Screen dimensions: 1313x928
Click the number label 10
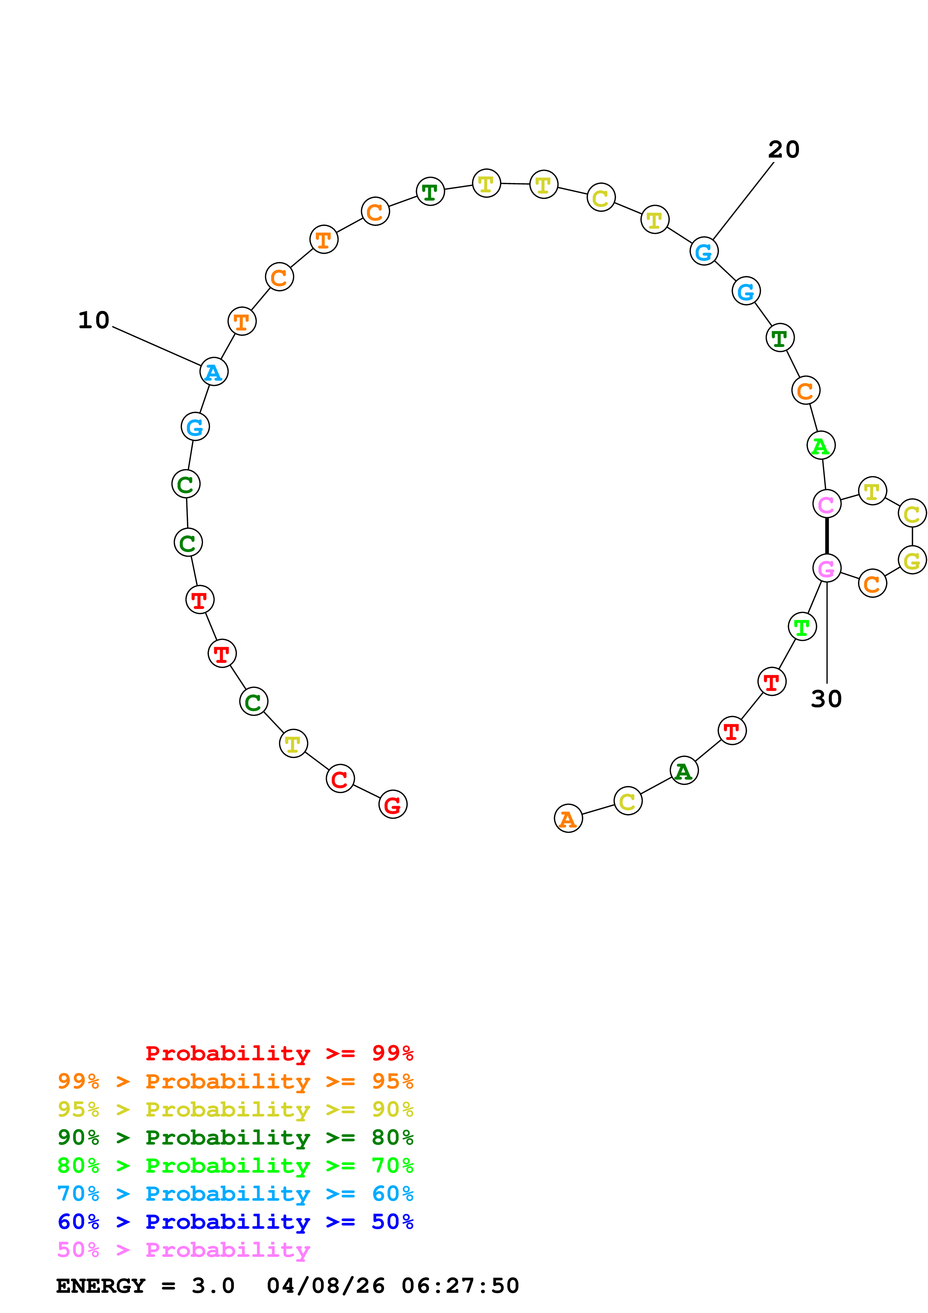[x=94, y=320]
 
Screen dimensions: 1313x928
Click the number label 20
[x=784, y=150]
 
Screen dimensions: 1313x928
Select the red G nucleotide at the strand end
[x=393, y=805]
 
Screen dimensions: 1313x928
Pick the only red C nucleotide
[x=340, y=779]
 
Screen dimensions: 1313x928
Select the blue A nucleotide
[x=214, y=372]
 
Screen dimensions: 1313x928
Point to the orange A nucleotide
[x=568, y=819]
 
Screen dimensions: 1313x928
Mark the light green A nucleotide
[x=821, y=445]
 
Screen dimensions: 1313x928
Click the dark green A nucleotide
[x=684, y=771]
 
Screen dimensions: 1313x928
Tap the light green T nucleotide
[x=802, y=627]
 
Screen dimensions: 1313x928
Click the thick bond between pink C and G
[x=827, y=536]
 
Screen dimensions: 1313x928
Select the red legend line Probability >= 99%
[x=279, y=1053]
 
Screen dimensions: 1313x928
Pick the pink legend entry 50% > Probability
[x=183, y=1250]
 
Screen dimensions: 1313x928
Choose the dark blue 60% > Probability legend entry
[x=235, y=1222]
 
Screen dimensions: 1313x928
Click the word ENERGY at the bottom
[x=101, y=1286]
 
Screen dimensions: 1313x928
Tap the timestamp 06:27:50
[x=460, y=1286]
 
